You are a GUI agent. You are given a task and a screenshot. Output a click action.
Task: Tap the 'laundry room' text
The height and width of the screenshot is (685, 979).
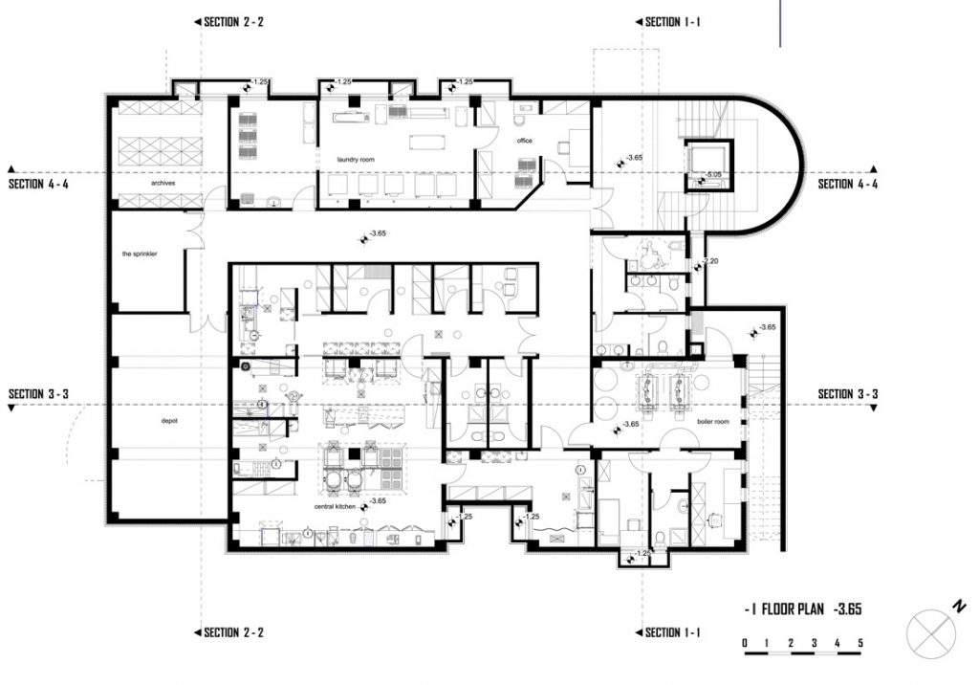[355, 159]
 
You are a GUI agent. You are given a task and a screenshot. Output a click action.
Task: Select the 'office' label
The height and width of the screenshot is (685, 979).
[524, 141]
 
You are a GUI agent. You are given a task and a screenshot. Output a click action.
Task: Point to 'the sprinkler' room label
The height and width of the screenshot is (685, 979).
[139, 254]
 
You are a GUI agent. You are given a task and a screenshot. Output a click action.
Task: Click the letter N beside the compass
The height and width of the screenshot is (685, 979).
[957, 606]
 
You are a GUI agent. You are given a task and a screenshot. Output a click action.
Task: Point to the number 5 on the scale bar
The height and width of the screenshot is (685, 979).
[860, 642]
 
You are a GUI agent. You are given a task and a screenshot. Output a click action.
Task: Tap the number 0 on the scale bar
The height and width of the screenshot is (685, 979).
[745, 642]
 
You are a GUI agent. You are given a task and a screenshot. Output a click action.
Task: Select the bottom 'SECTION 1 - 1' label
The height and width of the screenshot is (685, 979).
[674, 632]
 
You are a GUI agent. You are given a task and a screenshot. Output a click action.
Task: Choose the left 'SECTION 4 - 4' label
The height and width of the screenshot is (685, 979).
[39, 184]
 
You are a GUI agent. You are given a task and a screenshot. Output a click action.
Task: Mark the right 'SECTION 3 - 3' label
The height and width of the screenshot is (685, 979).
[847, 394]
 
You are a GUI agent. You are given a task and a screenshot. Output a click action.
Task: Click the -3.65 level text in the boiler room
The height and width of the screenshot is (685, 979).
[630, 424]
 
